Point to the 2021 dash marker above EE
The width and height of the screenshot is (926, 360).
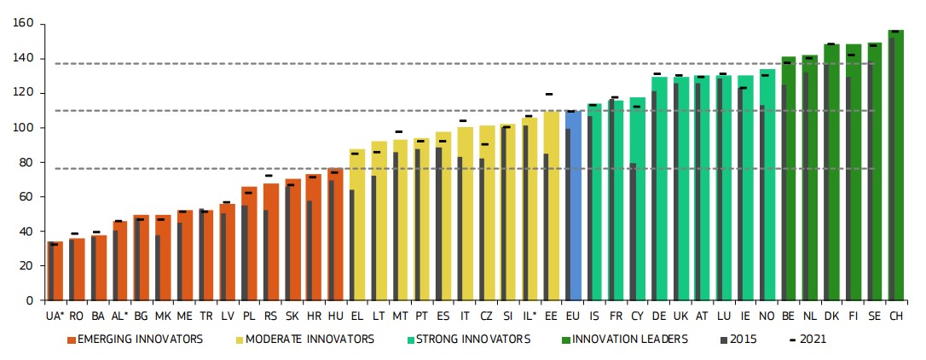(550, 94)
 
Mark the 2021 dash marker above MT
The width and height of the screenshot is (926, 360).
(399, 132)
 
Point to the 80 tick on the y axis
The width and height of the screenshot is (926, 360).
(26, 162)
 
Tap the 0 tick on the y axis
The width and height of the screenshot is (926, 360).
(30, 300)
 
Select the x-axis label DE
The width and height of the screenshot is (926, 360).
(659, 316)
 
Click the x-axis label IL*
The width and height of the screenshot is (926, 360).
(529, 316)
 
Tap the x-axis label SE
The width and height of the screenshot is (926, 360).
(874, 316)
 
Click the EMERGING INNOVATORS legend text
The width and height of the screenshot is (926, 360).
(140, 340)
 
